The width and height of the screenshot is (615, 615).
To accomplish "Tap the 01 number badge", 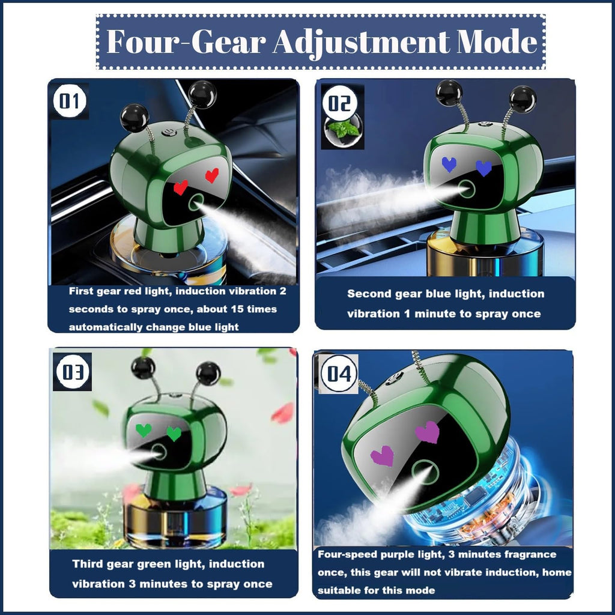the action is (70, 101).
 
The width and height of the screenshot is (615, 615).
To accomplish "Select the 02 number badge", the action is (340, 103).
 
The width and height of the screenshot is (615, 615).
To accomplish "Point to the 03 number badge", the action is (73, 372).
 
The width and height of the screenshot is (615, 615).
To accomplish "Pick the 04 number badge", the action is (339, 374).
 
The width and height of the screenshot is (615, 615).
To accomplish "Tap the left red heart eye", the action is (180, 187).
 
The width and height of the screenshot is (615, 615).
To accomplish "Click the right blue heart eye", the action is (483, 168).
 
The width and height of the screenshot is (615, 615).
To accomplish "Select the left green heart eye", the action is (144, 430).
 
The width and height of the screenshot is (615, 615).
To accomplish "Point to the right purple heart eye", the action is (428, 432).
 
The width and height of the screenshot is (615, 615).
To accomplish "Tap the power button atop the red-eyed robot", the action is (168, 132).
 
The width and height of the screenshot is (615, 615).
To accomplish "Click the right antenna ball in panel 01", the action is (202, 94).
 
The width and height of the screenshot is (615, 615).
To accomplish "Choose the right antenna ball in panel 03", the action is (208, 374).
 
